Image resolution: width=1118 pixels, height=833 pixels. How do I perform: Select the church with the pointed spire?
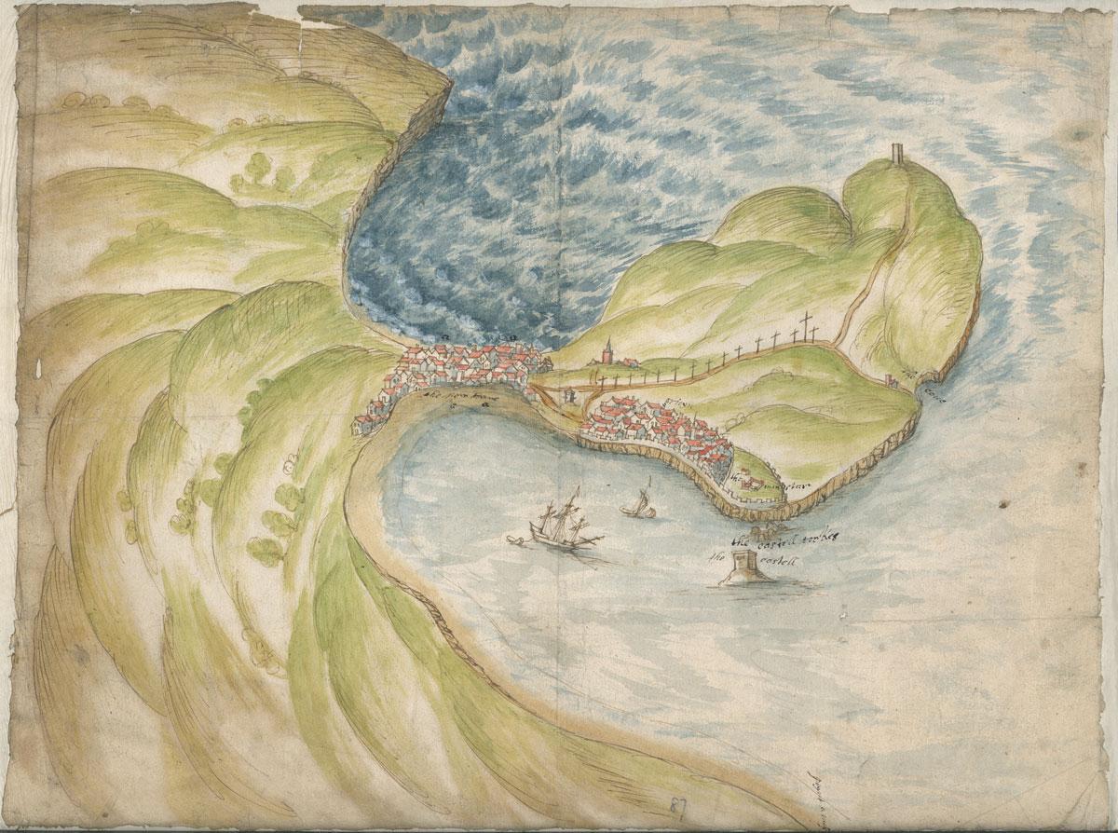(607, 352)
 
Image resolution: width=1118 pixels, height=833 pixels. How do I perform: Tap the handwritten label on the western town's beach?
(462, 395)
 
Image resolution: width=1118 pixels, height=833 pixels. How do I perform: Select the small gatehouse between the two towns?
(566, 398)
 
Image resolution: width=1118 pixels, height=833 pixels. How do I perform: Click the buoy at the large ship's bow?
(514, 538)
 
